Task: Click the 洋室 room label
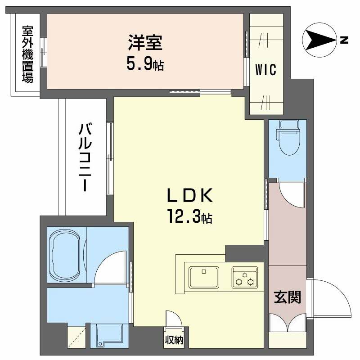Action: [x=145, y=44]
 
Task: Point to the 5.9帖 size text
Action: [x=145, y=64]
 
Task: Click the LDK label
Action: [x=190, y=197]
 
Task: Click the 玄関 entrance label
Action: [x=288, y=297]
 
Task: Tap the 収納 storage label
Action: [x=173, y=340]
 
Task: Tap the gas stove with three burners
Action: [x=244, y=277]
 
